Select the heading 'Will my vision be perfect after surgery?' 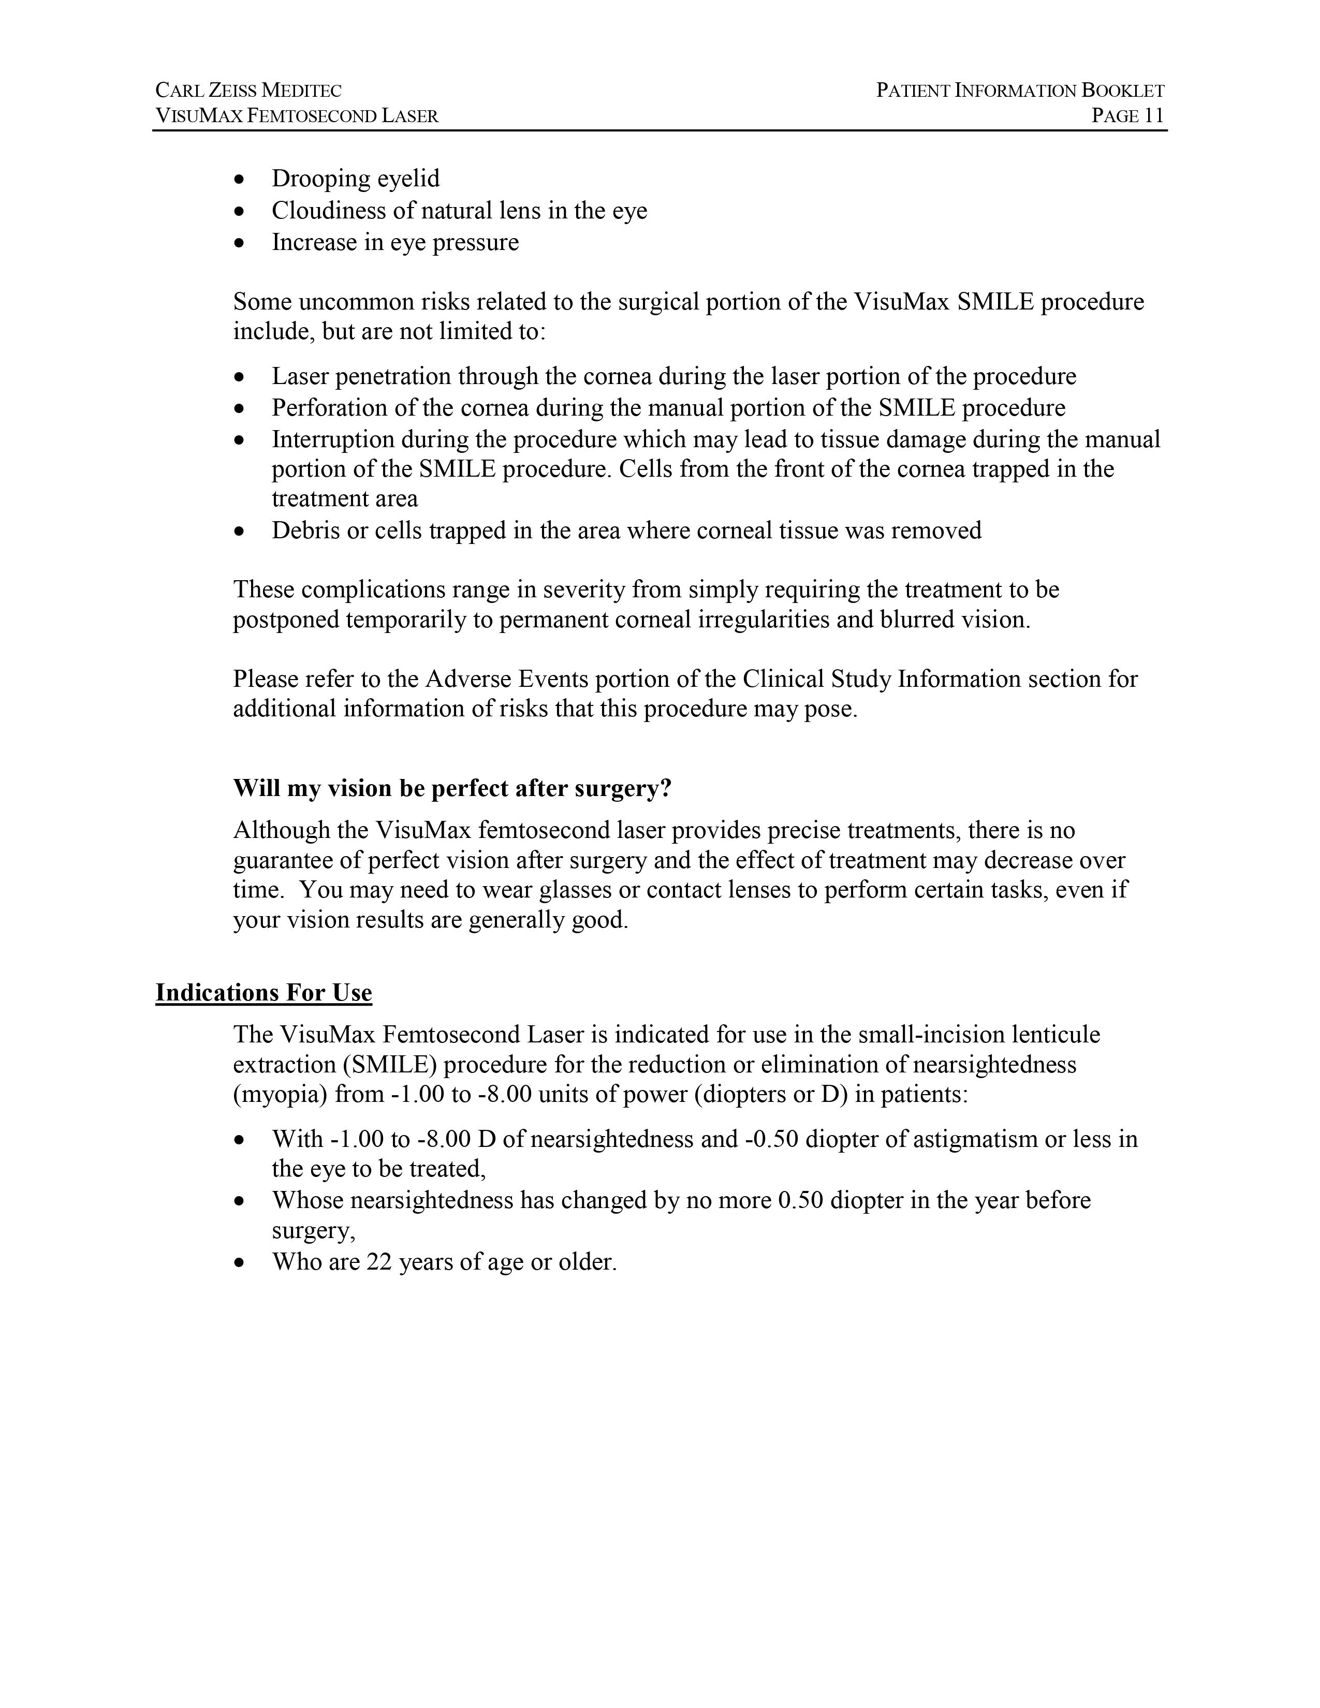[452, 788]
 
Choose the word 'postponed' [285, 620]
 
